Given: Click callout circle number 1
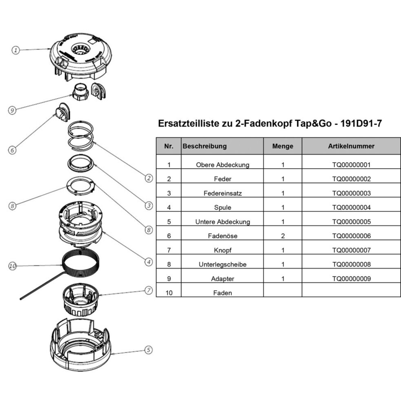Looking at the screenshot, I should pos(15,50).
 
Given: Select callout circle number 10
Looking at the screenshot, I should pos(12,265).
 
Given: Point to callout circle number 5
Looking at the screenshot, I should pos(148,350).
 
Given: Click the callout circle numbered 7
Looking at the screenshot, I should pos(148,290).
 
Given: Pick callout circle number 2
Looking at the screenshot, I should pos(149,178).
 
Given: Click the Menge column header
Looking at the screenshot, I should pos(282,146).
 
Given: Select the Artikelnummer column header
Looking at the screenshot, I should pos(351,146).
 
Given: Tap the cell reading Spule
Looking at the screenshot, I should pos(223,208).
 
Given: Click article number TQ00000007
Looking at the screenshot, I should pos(351,250).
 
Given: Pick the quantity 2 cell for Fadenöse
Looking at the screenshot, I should pos(283,236).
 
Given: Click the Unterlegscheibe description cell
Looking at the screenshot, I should pos(223,265).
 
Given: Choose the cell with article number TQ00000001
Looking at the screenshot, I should pos(351,165).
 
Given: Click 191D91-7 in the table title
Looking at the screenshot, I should pos(360,123).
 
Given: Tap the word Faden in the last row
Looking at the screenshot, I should pos(223,293).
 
